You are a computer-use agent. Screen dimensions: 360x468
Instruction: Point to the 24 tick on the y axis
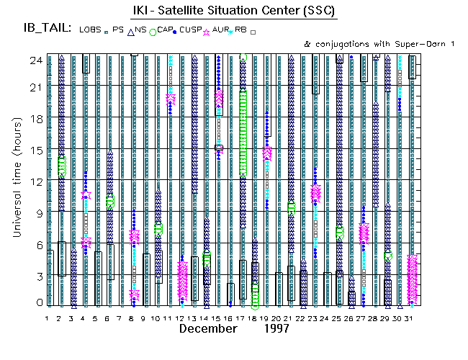32,60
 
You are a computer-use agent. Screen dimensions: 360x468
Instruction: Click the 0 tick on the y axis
35,304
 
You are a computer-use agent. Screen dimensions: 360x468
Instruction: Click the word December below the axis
208,329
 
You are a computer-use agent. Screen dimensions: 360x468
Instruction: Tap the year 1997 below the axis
274,329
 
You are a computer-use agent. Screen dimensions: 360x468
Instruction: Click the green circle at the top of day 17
243,58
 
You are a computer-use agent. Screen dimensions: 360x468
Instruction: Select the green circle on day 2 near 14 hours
62,166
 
